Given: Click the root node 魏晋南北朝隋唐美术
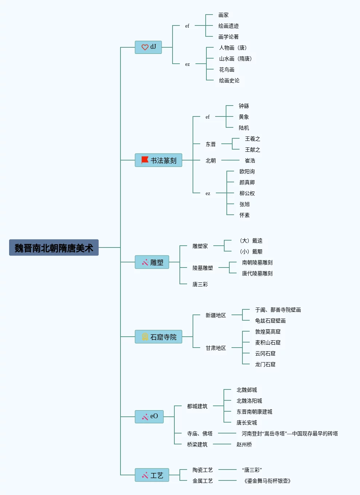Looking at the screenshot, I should pyautogui.click(x=54, y=248).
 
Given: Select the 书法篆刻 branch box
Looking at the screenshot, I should pyautogui.click(x=158, y=160).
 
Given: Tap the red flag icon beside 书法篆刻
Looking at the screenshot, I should pyautogui.click(x=145, y=160).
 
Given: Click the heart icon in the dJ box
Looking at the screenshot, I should pyautogui.click(x=145, y=47).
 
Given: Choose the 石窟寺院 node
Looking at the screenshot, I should pyautogui.click(x=158, y=337).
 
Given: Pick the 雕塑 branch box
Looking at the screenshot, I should pyautogui.click(x=152, y=262).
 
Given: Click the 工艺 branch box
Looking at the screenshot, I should pyautogui.click(x=152, y=475).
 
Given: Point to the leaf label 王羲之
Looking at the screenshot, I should pyautogui.click(x=252, y=139).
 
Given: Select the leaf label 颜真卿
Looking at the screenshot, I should pyautogui.click(x=247, y=182).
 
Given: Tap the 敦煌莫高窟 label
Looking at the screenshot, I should pyautogui.click(x=268, y=332).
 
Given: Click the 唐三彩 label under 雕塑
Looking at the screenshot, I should pyautogui.click(x=200, y=284).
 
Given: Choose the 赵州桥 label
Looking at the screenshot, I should pyautogui.click(x=244, y=444).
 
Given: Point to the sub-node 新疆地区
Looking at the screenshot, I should pyautogui.click(x=215, y=315).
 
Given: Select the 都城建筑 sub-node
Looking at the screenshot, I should pyautogui.click(x=197, y=406).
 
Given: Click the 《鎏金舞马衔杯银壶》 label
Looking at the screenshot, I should pyautogui.click(x=267, y=481).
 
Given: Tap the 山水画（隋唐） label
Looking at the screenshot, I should pyautogui.click(x=235, y=59).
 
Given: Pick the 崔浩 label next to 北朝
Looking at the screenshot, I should pyautogui.click(x=250, y=161).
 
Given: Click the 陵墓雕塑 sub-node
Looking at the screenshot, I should pyautogui.click(x=202, y=268).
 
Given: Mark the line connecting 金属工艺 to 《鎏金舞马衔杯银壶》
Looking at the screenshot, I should pyautogui.click(x=228, y=480).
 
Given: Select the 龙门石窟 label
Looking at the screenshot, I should pyautogui.click(x=265, y=364).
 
